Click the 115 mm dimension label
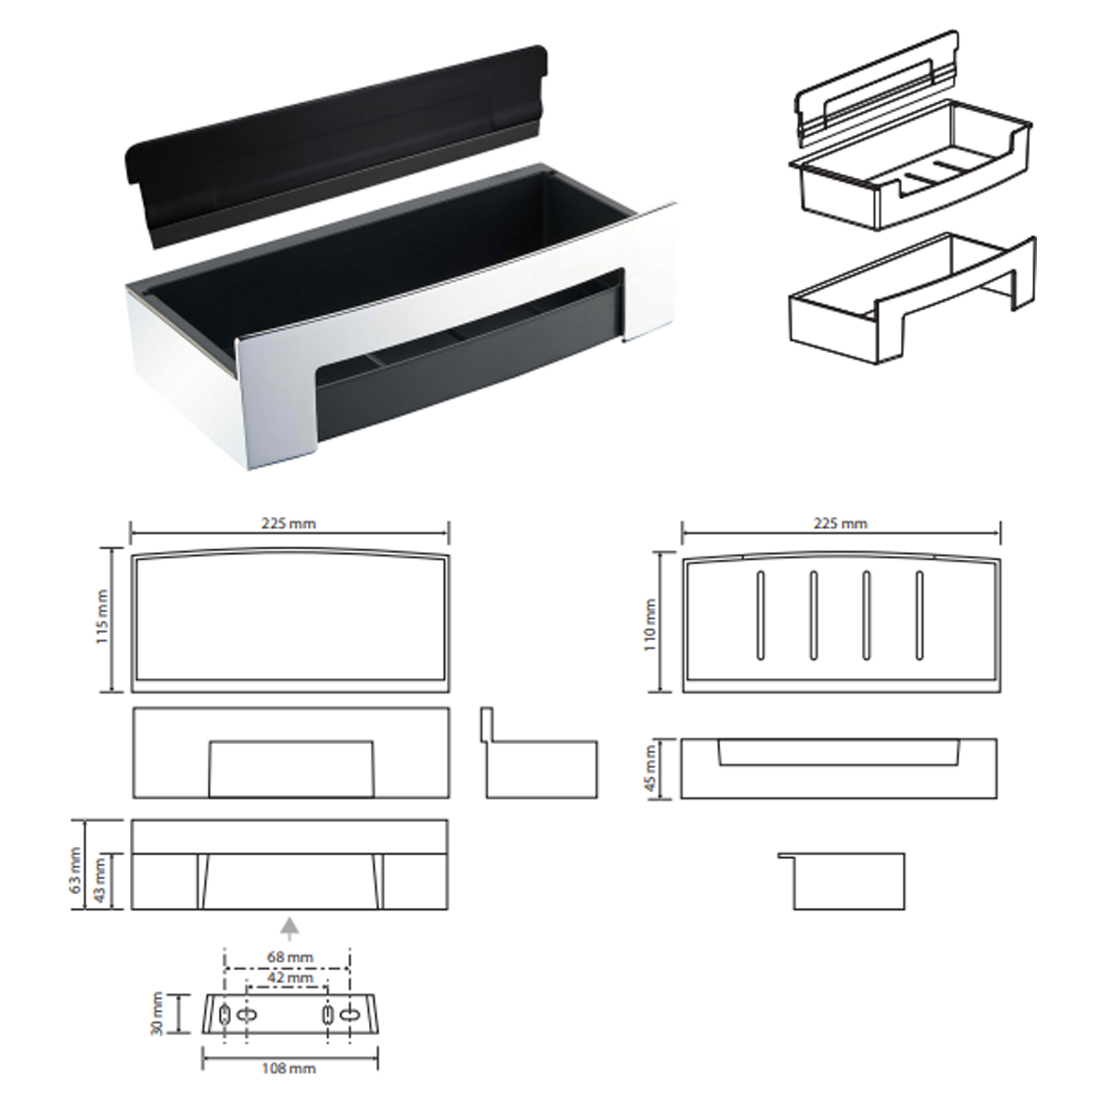click(102, 618)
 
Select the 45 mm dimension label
click(650, 769)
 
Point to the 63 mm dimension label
click(76, 874)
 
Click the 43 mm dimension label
click(99, 888)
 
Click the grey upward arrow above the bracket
click(290, 928)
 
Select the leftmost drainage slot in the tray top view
click(760, 615)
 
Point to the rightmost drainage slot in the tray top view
click(920, 615)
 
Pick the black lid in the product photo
click(336, 147)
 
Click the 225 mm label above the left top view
click(289, 523)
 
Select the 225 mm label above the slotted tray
click(840, 523)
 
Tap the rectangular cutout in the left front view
click(291, 769)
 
